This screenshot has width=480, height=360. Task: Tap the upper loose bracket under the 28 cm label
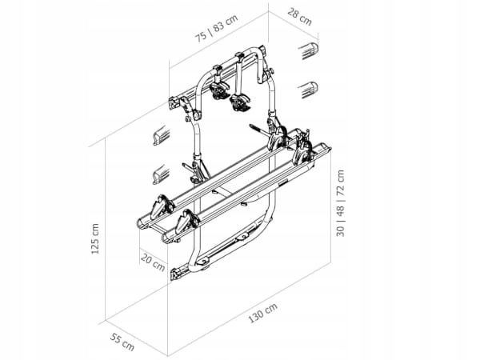(x=309, y=53)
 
